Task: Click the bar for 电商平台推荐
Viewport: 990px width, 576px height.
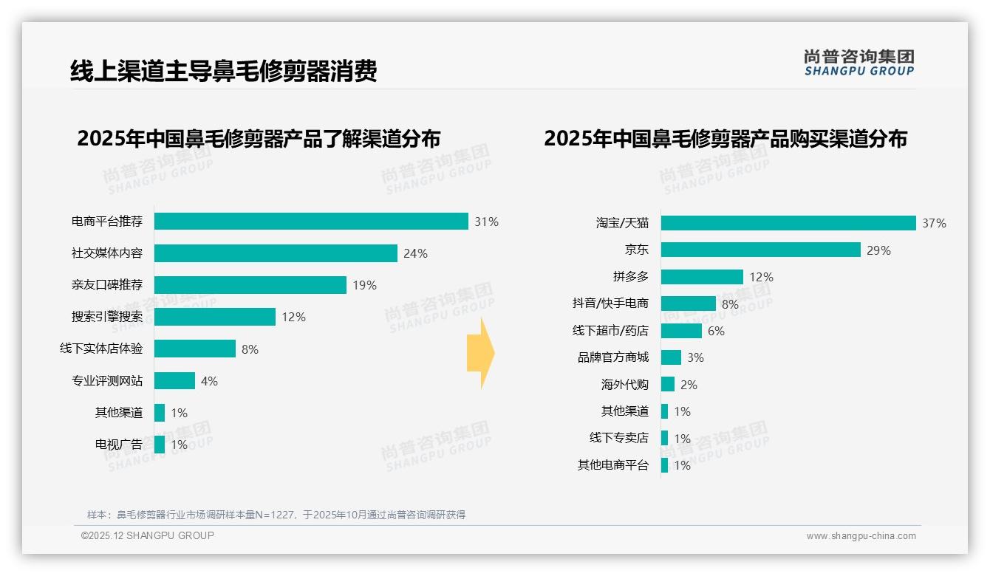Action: [x=311, y=222]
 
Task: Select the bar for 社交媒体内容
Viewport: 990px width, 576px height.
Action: [x=276, y=253]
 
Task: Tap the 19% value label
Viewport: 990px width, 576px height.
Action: [x=364, y=285]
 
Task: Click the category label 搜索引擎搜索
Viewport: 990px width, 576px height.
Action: [x=107, y=317]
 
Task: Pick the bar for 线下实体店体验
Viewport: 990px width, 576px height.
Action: [x=195, y=349]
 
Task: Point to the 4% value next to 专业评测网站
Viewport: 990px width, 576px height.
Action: [x=209, y=381]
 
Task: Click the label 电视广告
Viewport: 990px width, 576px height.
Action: [x=118, y=445]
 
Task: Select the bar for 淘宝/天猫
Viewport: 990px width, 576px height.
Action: [x=788, y=223]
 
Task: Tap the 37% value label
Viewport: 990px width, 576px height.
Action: [x=934, y=223]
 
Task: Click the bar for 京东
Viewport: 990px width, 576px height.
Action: [x=761, y=250]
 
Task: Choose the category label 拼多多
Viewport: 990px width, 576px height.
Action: [x=630, y=277]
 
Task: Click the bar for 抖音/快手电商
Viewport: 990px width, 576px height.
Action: [x=689, y=304]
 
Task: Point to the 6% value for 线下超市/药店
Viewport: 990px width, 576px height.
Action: [x=716, y=331]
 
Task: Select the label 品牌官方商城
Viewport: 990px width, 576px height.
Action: [x=612, y=357]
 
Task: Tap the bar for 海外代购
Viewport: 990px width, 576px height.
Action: [x=668, y=384]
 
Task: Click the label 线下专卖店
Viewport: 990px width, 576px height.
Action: [x=618, y=438]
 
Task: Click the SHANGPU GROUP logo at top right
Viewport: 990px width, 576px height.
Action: [x=858, y=63]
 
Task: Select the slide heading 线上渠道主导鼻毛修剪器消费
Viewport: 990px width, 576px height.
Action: [x=223, y=72]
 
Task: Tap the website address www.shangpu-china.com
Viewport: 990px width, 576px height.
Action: [x=861, y=536]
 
